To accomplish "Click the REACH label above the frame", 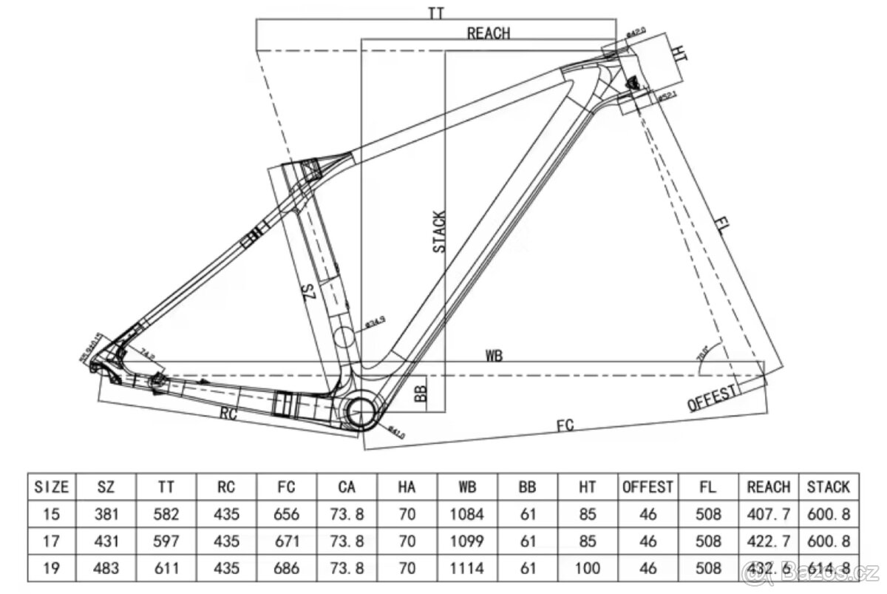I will [x=489, y=33].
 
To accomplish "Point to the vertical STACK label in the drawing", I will [x=440, y=232].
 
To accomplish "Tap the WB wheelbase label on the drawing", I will [x=495, y=355].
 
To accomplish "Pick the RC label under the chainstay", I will [x=228, y=414].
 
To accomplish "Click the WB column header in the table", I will [x=466, y=487].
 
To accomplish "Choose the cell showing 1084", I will [x=466, y=513].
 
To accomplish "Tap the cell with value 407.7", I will [x=769, y=513].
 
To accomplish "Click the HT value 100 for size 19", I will [x=588, y=567].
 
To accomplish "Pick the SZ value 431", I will [x=106, y=541].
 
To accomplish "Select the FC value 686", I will [x=286, y=567].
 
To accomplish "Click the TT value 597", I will [x=166, y=541].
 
